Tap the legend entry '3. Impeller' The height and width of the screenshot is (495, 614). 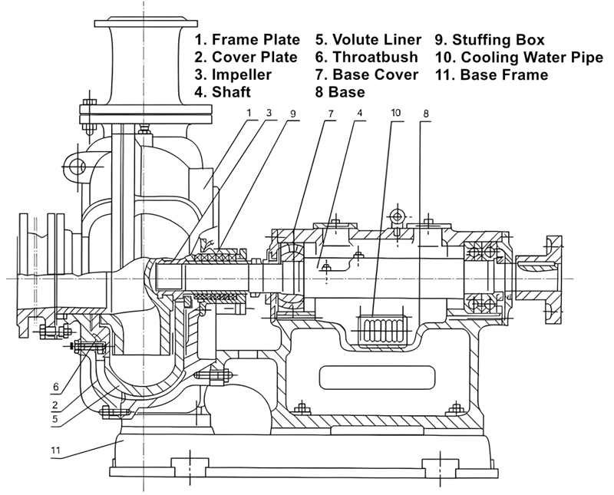[233, 74]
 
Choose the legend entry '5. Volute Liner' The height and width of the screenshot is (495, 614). [368, 39]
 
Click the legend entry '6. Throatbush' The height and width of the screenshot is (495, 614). [367, 57]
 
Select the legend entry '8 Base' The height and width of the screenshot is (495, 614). [340, 92]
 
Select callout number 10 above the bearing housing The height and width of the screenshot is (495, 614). [396, 114]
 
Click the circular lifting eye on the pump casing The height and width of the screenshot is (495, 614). [75, 166]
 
